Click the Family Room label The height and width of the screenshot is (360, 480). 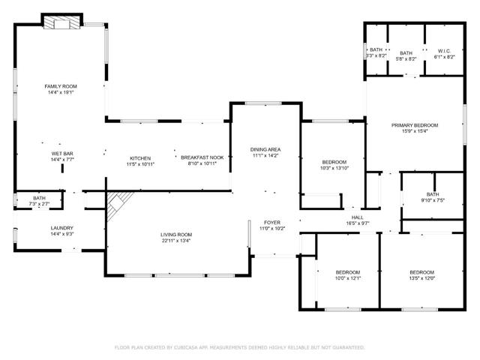pyautogui.click(x=61, y=86)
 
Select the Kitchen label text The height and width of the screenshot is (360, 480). pyautogui.click(x=140, y=158)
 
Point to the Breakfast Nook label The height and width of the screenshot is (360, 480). pyautogui.click(x=202, y=157)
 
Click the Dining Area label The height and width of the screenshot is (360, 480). pyautogui.click(x=265, y=150)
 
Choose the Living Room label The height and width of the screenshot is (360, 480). pyautogui.click(x=176, y=235)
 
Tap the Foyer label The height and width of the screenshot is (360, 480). pyautogui.click(x=271, y=223)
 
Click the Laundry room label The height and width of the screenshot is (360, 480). pyautogui.click(x=61, y=228)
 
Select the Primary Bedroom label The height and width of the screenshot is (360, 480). pyautogui.click(x=415, y=125)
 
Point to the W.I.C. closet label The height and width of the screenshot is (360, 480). pyautogui.click(x=445, y=51)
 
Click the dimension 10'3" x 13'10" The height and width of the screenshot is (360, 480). pyautogui.click(x=334, y=169)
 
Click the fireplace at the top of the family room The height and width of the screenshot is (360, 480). pyautogui.click(x=61, y=24)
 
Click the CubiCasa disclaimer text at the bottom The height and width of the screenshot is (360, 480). pyautogui.click(x=239, y=347)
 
